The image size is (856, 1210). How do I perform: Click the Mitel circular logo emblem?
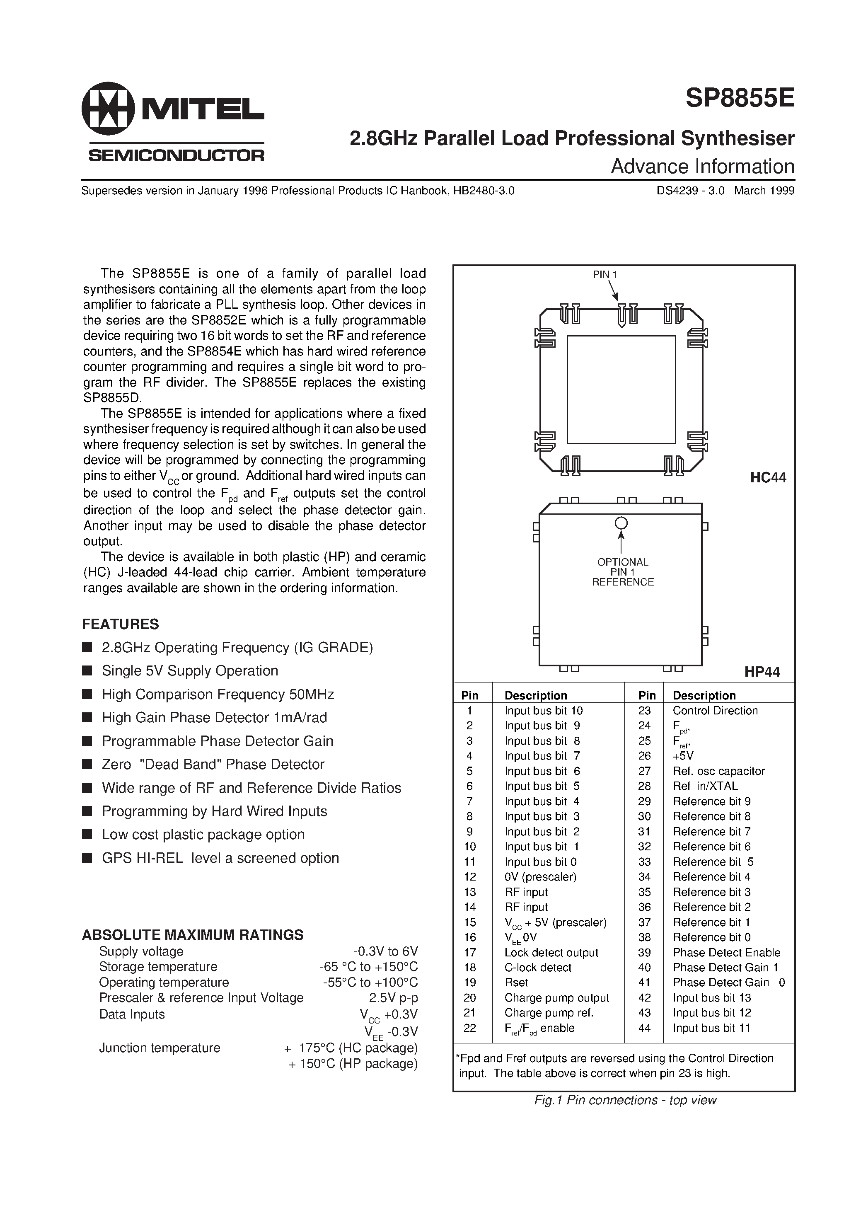pyautogui.click(x=109, y=108)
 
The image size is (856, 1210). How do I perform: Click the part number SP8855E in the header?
pyautogui.click(x=740, y=98)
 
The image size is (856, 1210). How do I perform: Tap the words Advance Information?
pyautogui.click(x=702, y=167)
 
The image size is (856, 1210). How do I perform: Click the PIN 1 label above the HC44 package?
pyautogui.click(x=605, y=275)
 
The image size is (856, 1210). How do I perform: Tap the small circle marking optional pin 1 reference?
pyautogui.click(x=621, y=523)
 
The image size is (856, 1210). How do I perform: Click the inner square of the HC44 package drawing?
pyautogui.click(x=621, y=390)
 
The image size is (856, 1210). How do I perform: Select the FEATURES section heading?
pyautogui.click(x=120, y=624)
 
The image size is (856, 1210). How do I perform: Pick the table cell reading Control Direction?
pyautogui.click(x=715, y=710)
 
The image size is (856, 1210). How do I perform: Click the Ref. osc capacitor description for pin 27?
pyautogui.click(x=718, y=771)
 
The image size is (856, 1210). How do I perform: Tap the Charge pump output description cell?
pyautogui.click(x=556, y=997)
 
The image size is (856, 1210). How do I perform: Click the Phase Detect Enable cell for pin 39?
pyautogui.click(x=726, y=952)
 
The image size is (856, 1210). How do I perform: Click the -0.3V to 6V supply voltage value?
pyautogui.click(x=385, y=951)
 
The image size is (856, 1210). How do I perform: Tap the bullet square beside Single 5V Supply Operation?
pyautogui.click(x=87, y=671)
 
